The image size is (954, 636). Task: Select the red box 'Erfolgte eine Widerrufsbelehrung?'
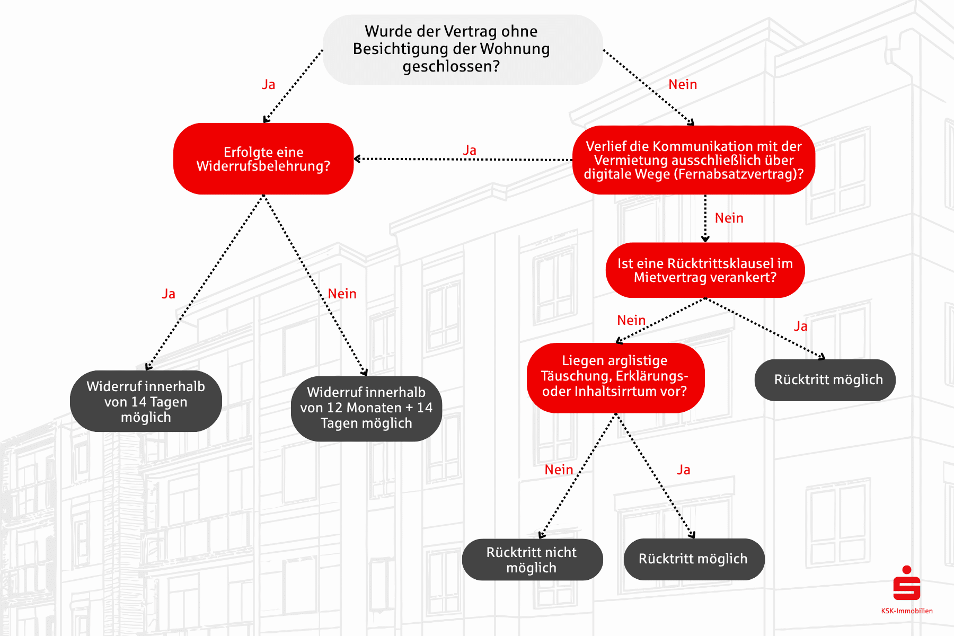click(x=263, y=159)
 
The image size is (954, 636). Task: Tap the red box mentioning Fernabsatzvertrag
click(x=693, y=160)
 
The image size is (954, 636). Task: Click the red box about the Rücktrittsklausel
click(x=705, y=270)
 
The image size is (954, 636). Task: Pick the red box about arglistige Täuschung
click(x=615, y=376)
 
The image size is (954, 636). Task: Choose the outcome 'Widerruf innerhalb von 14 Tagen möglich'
click(x=146, y=401)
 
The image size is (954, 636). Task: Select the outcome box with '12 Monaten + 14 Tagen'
click(x=366, y=408)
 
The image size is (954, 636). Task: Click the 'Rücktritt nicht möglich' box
click(x=532, y=560)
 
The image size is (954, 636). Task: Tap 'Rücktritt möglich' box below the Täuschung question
click(x=693, y=559)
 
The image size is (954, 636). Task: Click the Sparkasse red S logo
click(x=906, y=583)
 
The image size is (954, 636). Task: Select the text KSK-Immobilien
click(x=907, y=611)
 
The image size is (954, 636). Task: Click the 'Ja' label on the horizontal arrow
click(x=470, y=150)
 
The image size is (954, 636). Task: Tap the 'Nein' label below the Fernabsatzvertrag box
click(x=729, y=218)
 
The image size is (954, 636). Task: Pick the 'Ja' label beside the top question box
click(x=269, y=85)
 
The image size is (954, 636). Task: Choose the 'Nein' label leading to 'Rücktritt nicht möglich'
click(x=559, y=470)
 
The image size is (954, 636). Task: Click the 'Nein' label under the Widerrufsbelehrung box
click(x=342, y=294)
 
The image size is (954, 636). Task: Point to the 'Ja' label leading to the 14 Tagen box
click(x=169, y=294)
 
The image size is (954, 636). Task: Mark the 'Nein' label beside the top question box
click(x=683, y=85)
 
